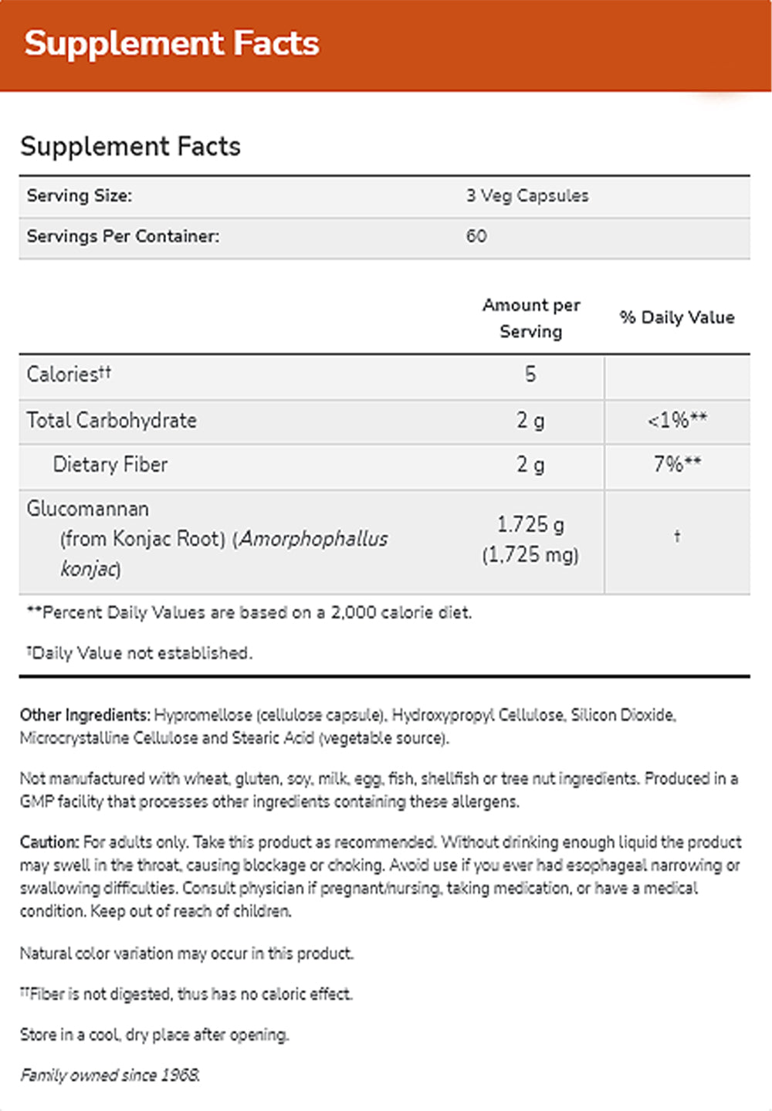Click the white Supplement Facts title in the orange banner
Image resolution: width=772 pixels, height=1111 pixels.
click(x=171, y=43)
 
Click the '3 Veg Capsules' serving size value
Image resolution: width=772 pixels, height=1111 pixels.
click(x=527, y=196)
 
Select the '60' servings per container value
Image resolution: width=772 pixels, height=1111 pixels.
click(x=476, y=236)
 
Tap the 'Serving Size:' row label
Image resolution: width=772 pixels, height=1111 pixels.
click(x=80, y=196)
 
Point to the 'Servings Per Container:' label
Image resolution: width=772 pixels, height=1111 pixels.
click(x=123, y=236)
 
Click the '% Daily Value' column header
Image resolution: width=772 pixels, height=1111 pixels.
click(x=676, y=317)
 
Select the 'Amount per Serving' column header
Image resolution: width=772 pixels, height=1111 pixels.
click(x=530, y=318)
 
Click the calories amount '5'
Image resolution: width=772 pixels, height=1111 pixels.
click(x=530, y=374)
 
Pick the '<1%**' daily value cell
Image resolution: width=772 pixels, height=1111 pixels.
click(x=677, y=420)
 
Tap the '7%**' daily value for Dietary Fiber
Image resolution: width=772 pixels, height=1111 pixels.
click(x=677, y=464)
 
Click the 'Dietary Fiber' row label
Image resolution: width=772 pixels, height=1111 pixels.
click(x=110, y=464)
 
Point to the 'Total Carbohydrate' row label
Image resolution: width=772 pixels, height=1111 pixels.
click(x=111, y=420)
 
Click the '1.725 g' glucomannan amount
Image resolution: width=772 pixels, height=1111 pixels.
click(x=530, y=525)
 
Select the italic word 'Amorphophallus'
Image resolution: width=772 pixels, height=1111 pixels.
click(x=313, y=539)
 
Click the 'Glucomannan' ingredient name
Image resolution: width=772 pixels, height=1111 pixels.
click(x=87, y=509)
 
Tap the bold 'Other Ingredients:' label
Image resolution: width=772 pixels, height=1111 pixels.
click(x=85, y=715)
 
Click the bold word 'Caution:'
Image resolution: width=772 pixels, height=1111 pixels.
click(x=49, y=842)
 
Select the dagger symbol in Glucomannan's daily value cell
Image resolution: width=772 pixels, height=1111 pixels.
click(x=677, y=536)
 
